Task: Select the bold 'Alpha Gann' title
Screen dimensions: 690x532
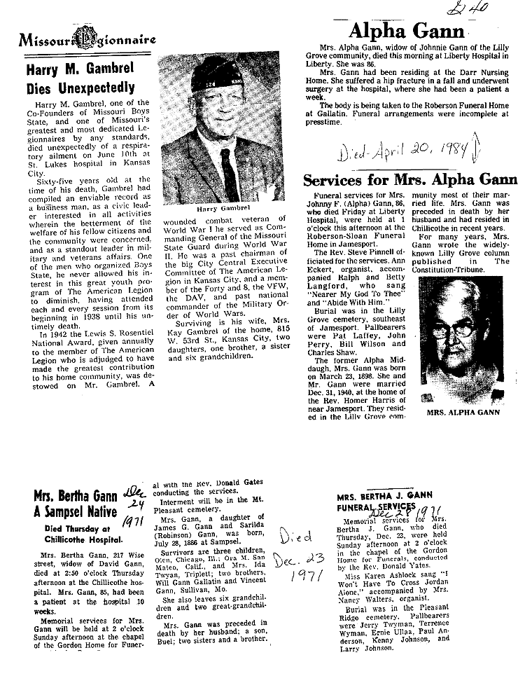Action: tap(406, 31)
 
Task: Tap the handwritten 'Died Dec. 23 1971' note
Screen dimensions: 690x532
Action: tap(300, 558)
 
